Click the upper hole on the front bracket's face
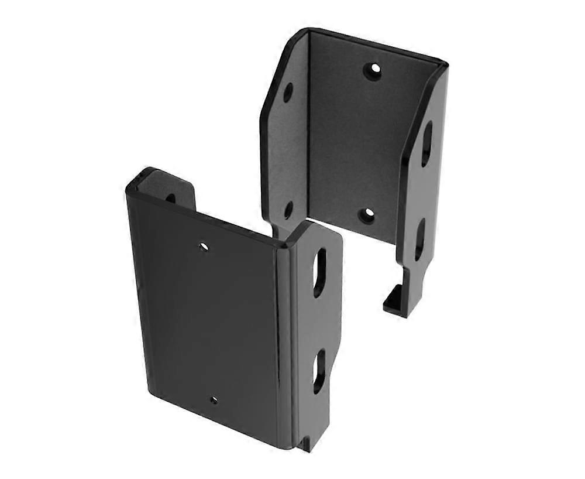[x=204, y=247]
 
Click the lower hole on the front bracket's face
[x=214, y=400]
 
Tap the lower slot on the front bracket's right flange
[x=319, y=371]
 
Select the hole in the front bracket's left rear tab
[x=170, y=198]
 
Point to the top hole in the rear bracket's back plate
[x=373, y=71]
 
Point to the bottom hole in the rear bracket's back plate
[x=366, y=215]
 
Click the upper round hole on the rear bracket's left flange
[x=288, y=93]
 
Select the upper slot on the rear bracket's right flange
[x=427, y=143]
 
